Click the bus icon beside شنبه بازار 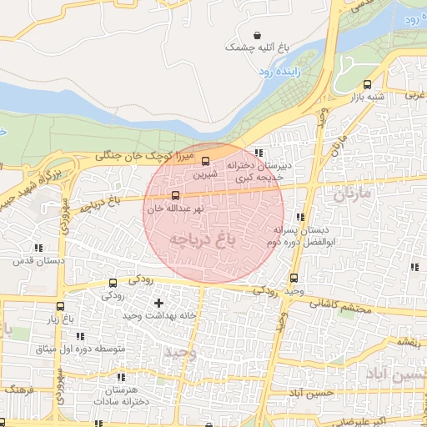368,84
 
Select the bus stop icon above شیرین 206,162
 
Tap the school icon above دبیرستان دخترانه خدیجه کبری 259,153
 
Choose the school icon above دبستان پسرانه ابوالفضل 299,217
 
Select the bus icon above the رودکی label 113,284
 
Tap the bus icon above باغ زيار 61,306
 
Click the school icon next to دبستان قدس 38,247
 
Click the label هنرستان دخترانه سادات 128,395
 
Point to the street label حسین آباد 310,392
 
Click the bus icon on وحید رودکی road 293,279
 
